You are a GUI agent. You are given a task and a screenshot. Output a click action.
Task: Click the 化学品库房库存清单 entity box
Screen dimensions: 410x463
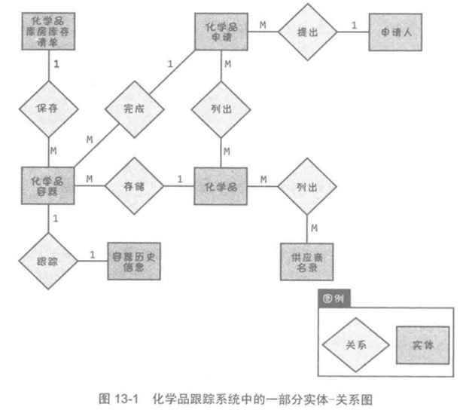click(50, 31)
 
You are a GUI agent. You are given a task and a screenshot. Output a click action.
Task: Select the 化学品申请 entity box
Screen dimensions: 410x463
click(224, 31)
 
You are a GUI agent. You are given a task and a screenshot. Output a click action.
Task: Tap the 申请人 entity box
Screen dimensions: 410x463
click(396, 31)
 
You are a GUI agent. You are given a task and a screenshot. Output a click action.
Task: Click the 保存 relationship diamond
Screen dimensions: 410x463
click(50, 107)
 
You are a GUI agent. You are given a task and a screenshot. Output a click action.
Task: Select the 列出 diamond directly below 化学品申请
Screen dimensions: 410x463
click(224, 108)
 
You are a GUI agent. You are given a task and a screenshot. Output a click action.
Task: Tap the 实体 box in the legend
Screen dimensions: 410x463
click(422, 344)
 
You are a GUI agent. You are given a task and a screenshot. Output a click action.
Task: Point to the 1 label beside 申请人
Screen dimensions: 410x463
click(354, 25)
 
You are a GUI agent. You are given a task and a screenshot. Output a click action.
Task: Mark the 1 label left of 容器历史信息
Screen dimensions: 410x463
click(93, 254)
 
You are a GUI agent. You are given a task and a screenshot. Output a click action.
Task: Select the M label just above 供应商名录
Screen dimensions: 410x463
click(313, 228)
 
